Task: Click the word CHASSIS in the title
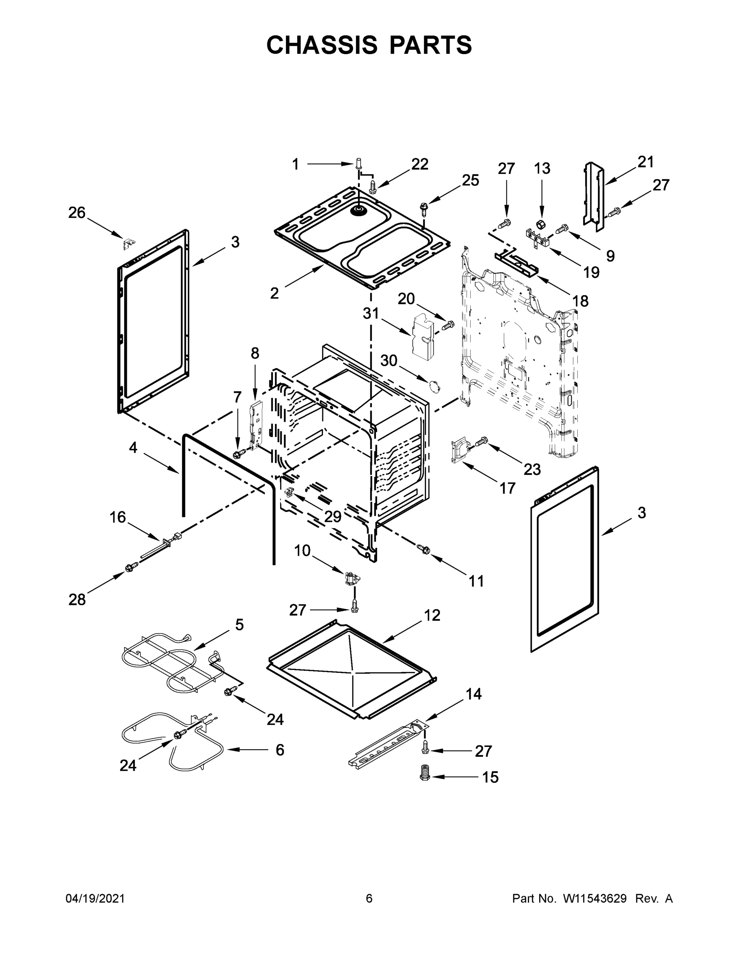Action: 321,45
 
